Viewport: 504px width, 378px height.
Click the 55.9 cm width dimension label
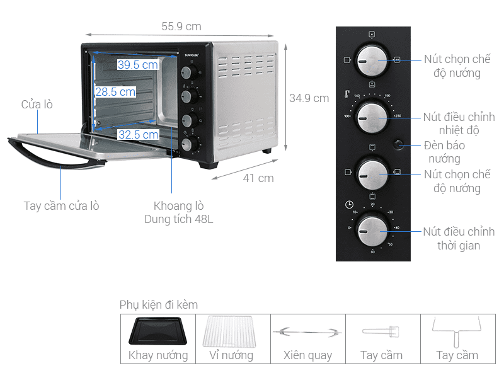pos(181,26)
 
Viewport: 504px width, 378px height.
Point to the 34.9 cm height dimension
pos(309,98)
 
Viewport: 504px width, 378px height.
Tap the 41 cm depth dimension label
pos(258,178)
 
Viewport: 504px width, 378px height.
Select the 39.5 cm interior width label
pos(137,65)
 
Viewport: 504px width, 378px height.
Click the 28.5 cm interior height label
pos(115,92)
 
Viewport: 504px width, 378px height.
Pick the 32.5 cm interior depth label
pos(138,135)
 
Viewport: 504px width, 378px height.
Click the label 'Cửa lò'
pos(37,105)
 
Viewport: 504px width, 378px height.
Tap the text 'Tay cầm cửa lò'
pos(61,206)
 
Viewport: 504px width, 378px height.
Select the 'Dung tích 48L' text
pos(178,219)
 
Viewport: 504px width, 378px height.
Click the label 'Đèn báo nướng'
pos(445,152)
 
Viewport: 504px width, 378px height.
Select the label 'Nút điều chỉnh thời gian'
pos(459,239)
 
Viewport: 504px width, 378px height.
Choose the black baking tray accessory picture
pos(157,331)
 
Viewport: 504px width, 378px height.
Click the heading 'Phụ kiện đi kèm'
pos(159,305)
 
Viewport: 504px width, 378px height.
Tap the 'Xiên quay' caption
pos(307,355)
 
